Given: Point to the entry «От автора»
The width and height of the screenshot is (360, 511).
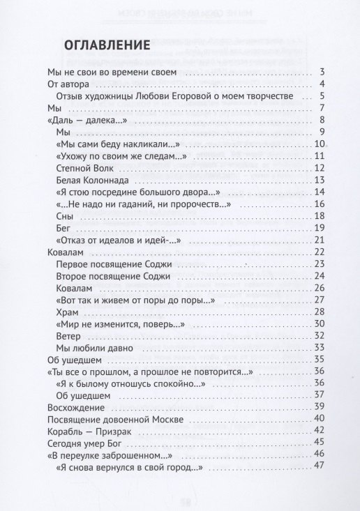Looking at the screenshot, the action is pos(66,84).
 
